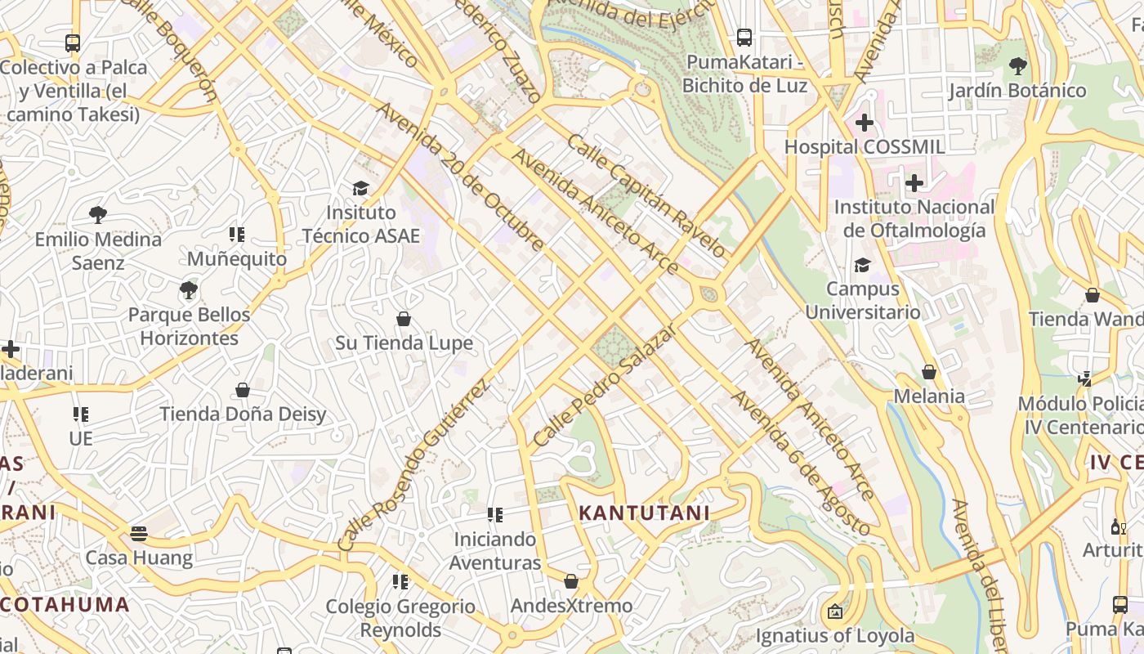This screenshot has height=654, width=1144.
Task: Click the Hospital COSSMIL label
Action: [x=865, y=147]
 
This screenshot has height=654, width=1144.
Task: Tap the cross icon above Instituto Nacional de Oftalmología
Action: [x=914, y=182]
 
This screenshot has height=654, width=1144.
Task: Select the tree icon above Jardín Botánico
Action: [x=1017, y=65]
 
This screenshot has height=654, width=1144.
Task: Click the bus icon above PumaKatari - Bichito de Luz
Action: [x=744, y=37]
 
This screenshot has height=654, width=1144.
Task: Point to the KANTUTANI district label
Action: [x=644, y=513]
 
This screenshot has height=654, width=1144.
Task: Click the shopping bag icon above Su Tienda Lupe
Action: [x=403, y=318]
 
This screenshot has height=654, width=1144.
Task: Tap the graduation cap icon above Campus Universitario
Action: [x=862, y=264]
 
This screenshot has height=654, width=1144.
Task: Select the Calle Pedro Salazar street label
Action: [x=606, y=384]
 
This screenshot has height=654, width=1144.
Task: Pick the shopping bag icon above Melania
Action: [x=929, y=372]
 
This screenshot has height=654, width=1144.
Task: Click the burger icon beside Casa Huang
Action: [x=139, y=534]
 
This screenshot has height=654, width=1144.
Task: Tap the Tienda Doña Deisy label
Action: [x=243, y=414]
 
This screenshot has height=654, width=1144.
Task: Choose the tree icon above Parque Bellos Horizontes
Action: [x=189, y=289]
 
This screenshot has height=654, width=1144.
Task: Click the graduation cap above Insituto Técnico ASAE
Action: [x=360, y=188]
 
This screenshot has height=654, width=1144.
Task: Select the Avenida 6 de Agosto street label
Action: [x=800, y=463]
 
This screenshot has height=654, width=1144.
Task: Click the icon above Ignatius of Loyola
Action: [x=834, y=611]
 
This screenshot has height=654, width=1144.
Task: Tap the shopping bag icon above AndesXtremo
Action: [x=571, y=581]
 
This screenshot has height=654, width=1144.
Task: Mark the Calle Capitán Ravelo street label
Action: [x=646, y=197]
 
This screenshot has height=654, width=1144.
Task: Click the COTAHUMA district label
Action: [x=65, y=605]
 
